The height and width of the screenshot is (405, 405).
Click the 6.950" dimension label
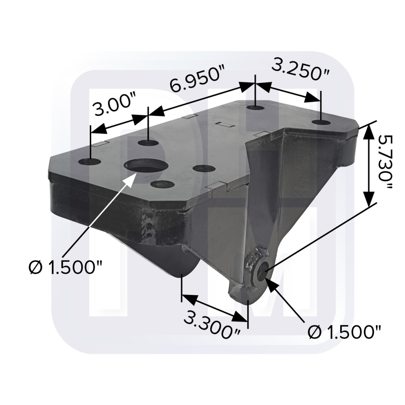point(198,79)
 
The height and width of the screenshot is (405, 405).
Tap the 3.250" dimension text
point(301,70)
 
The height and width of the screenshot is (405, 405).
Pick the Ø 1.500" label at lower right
point(344,332)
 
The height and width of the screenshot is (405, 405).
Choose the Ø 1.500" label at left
point(66,267)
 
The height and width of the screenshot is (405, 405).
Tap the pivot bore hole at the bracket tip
point(262,271)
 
